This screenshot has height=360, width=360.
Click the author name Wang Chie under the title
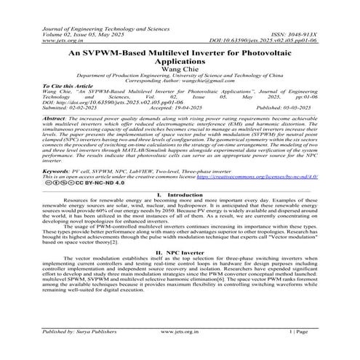tap(180, 69)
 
